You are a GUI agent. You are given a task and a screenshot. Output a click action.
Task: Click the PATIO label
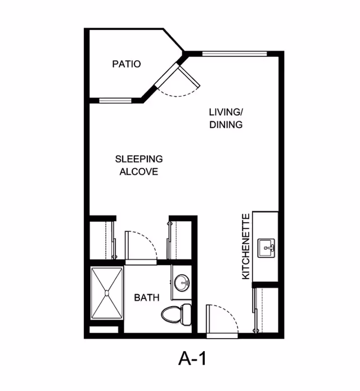click(126, 64)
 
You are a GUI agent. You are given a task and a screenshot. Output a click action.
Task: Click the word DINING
click(226, 124)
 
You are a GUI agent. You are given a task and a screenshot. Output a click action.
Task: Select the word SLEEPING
click(138, 159)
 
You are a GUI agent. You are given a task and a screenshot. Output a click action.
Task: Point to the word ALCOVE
click(138, 172)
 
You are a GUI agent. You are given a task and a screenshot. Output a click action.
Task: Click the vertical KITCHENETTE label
click(245, 246)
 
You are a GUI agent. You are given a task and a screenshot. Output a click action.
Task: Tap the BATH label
click(146, 298)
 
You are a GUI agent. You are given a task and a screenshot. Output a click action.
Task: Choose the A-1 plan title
click(193, 358)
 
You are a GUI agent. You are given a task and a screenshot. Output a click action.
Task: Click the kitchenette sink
click(267, 248)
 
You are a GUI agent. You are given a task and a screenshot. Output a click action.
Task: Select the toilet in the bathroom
click(175, 314)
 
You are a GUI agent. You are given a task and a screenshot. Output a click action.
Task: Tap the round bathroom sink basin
click(182, 283)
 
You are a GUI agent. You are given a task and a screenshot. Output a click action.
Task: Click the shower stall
click(106, 294)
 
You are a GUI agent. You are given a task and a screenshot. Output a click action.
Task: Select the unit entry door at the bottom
click(223, 321)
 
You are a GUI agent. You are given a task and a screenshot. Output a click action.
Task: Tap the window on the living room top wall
click(235, 54)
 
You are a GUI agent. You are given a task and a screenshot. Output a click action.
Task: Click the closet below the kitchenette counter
click(267, 309)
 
